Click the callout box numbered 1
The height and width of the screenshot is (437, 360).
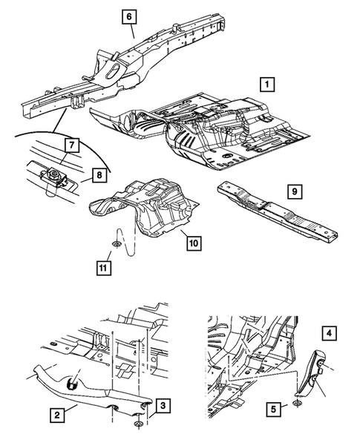point(267,84)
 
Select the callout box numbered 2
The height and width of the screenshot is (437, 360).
point(57,415)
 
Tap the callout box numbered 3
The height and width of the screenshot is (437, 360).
point(163,406)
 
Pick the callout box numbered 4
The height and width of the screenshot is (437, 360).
point(329,333)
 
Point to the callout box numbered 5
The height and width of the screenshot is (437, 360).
point(273,409)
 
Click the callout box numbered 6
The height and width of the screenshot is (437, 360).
point(129,16)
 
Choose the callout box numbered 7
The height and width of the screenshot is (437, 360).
point(72,145)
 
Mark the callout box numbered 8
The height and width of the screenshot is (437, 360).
point(99,175)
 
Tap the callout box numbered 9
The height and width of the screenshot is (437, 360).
point(295,191)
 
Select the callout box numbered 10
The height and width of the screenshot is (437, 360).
point(194,243)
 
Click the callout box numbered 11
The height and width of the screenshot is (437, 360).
point(103,268)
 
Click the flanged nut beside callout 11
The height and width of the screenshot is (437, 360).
point(116,244)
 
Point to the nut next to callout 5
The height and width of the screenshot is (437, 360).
point(298,403)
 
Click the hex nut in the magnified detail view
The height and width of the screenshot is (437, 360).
point(53,175)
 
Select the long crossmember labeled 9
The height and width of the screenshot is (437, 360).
point(278,211)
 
